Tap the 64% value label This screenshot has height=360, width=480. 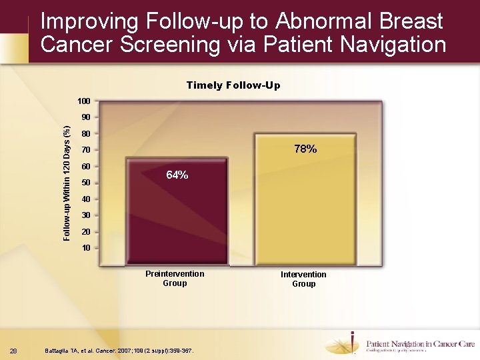177,175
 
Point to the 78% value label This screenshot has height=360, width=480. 305,149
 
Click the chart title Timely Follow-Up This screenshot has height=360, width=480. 233,85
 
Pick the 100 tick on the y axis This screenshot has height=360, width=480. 83,101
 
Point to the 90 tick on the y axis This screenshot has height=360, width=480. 85,117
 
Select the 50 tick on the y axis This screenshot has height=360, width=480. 85,183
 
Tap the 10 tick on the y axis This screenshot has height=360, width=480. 85,248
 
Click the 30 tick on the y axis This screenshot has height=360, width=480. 85,215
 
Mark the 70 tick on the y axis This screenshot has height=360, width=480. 85,150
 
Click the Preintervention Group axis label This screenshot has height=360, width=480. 175,279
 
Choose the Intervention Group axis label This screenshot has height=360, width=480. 303,279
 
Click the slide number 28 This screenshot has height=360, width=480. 14,351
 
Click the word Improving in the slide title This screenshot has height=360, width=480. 87,22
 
